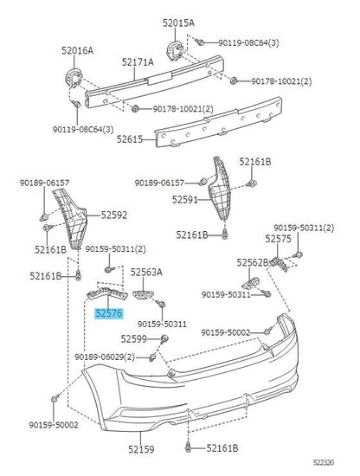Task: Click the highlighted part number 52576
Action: tap(109, 313)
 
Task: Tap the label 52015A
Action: tap(178, 23)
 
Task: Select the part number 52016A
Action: tap(77, 50)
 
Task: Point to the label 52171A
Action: tap(138, 62)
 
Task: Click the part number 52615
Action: tap(130, 139)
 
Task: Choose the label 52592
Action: tap(114, 215)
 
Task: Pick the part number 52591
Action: tap(185, 199)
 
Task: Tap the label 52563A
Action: tap(146, 273)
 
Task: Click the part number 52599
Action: tap(134, 338)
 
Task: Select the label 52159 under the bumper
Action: tap(141, 449)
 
